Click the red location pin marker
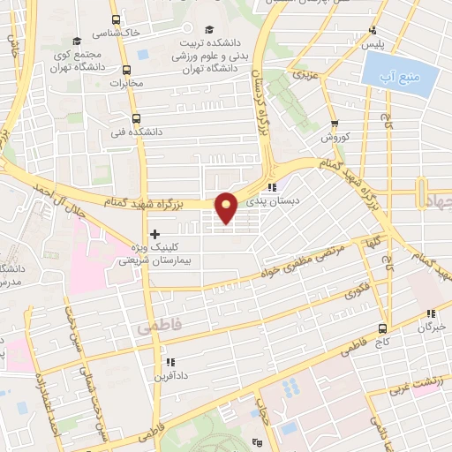click(x=227, y=207)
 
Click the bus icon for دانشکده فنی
click(x=136, y=117)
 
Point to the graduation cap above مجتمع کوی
click(x=77, y=41)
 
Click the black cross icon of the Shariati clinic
click(x=155, y=234)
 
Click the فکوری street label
click(x=357, y=288)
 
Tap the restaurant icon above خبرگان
click(x=431, y=313)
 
